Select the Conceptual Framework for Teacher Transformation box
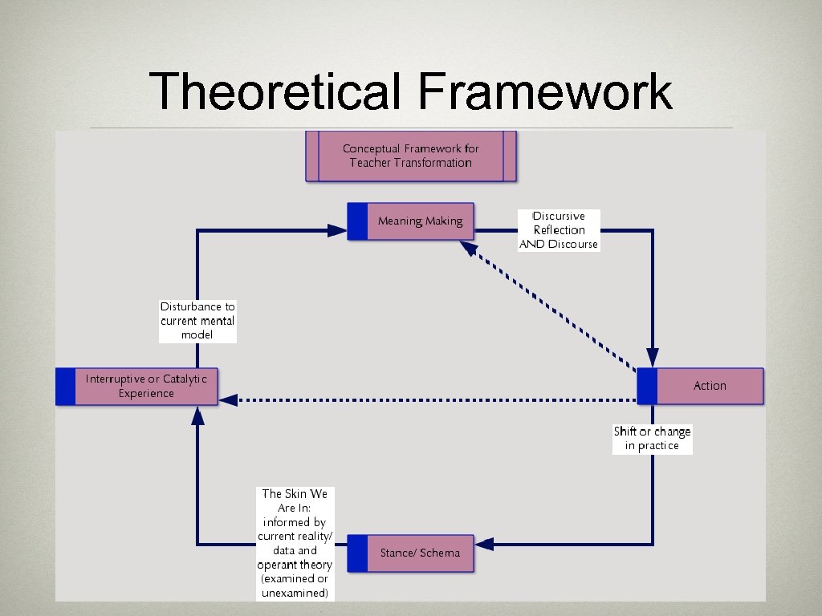pos(410,156)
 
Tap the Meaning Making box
pos(420,221)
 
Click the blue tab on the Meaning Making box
pos(357,221)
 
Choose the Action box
pos(710,386)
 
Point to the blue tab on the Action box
pos(647,386)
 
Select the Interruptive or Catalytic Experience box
pos(146,386)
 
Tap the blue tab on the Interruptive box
pos(65,386)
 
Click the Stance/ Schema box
pos(420,553)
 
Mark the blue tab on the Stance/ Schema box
pos(357,553)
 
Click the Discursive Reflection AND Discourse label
pos(559,230)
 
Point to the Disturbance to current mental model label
pos(197,321)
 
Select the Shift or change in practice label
pos(652,439)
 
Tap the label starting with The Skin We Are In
pos(295,543)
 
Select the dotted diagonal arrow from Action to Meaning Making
pos(554,309)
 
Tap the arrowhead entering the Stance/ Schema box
pos(483,545)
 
